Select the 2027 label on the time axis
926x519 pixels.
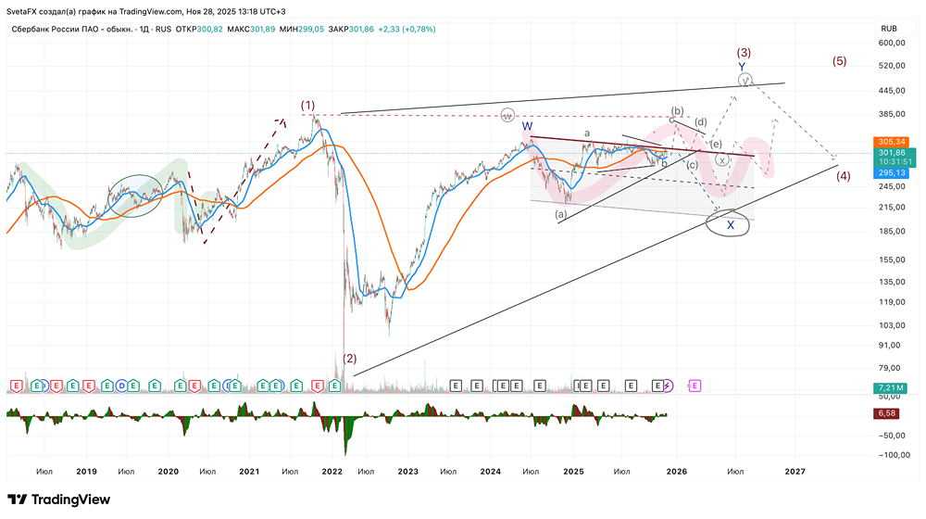(795, 472)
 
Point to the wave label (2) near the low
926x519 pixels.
(349, 358)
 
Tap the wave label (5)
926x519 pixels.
(839, 61)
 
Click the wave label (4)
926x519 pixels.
(843, 176)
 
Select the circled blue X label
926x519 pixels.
(731, 224)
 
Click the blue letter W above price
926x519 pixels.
(527, 126)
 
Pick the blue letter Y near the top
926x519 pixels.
(743, 67)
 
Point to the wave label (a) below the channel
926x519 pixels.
(560, 214)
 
